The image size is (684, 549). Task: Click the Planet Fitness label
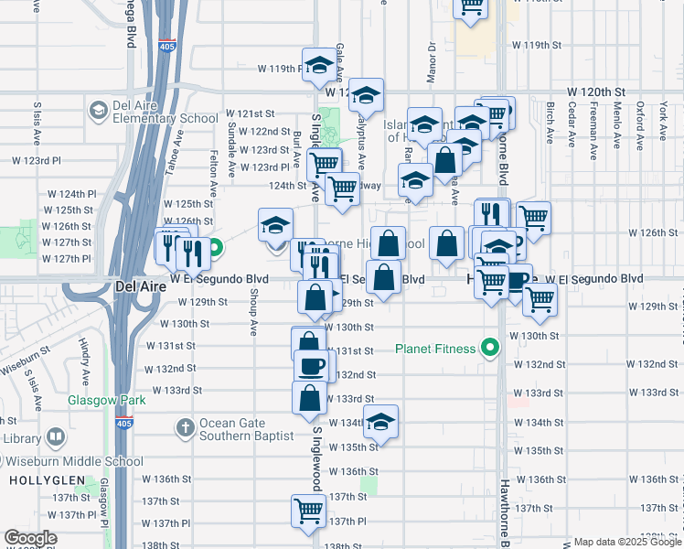[435, 349]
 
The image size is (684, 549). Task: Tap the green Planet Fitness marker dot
[490, 348]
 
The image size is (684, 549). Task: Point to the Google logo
[30, 538]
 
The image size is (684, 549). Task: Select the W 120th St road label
[595, 92]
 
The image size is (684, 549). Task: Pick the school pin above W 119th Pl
[318, 64]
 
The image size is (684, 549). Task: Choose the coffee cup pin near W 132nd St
[309, 366]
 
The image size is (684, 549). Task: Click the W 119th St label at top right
[536, 45]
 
